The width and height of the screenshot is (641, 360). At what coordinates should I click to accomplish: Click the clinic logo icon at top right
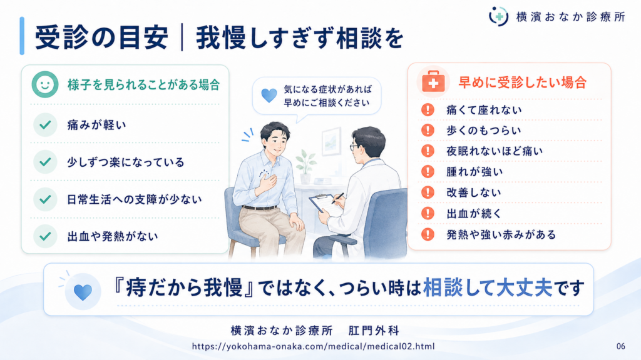[498, 16]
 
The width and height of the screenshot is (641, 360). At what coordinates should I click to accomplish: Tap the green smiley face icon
[45, 84]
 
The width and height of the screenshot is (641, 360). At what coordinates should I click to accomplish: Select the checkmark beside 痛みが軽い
[45, 124]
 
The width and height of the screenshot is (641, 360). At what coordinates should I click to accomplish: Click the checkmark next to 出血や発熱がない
[45, 236]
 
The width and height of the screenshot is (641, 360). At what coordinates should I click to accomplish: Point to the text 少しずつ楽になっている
[126, 162]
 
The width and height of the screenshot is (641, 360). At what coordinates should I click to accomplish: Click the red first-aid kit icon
[433, 82]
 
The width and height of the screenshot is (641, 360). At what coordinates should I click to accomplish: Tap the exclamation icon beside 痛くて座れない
[428, 109]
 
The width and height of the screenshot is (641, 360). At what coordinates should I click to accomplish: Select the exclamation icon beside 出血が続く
[428, 213]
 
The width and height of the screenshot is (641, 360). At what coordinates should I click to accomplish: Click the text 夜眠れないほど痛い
[495, 151]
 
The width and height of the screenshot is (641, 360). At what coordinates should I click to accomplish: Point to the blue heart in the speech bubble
[269, 96]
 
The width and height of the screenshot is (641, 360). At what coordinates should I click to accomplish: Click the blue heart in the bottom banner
[83, 292]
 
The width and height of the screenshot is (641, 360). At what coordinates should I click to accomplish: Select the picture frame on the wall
[331, 141]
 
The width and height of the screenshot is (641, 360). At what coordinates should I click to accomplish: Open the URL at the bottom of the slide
[313, 346]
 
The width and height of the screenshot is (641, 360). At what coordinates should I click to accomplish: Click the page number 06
[620, 346]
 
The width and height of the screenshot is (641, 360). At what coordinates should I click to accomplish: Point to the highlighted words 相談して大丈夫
[488, 287]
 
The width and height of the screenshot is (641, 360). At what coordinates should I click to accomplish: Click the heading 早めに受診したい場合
[523, 82]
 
